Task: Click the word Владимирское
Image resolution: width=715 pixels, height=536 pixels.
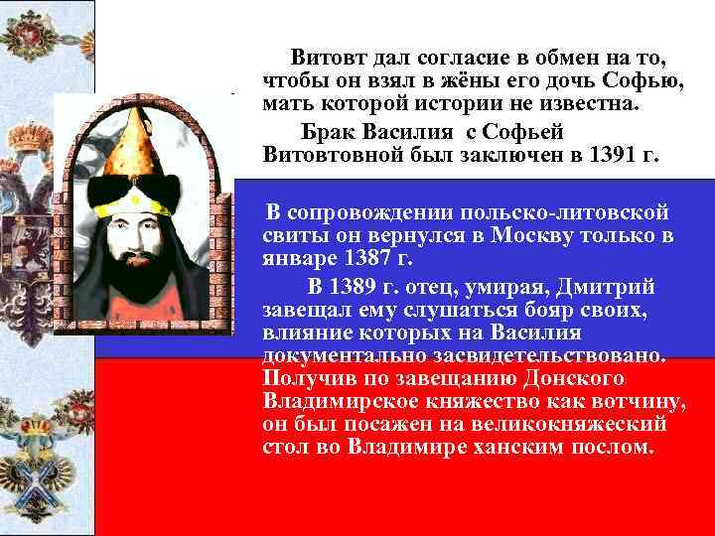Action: click(x=341, y=402)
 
